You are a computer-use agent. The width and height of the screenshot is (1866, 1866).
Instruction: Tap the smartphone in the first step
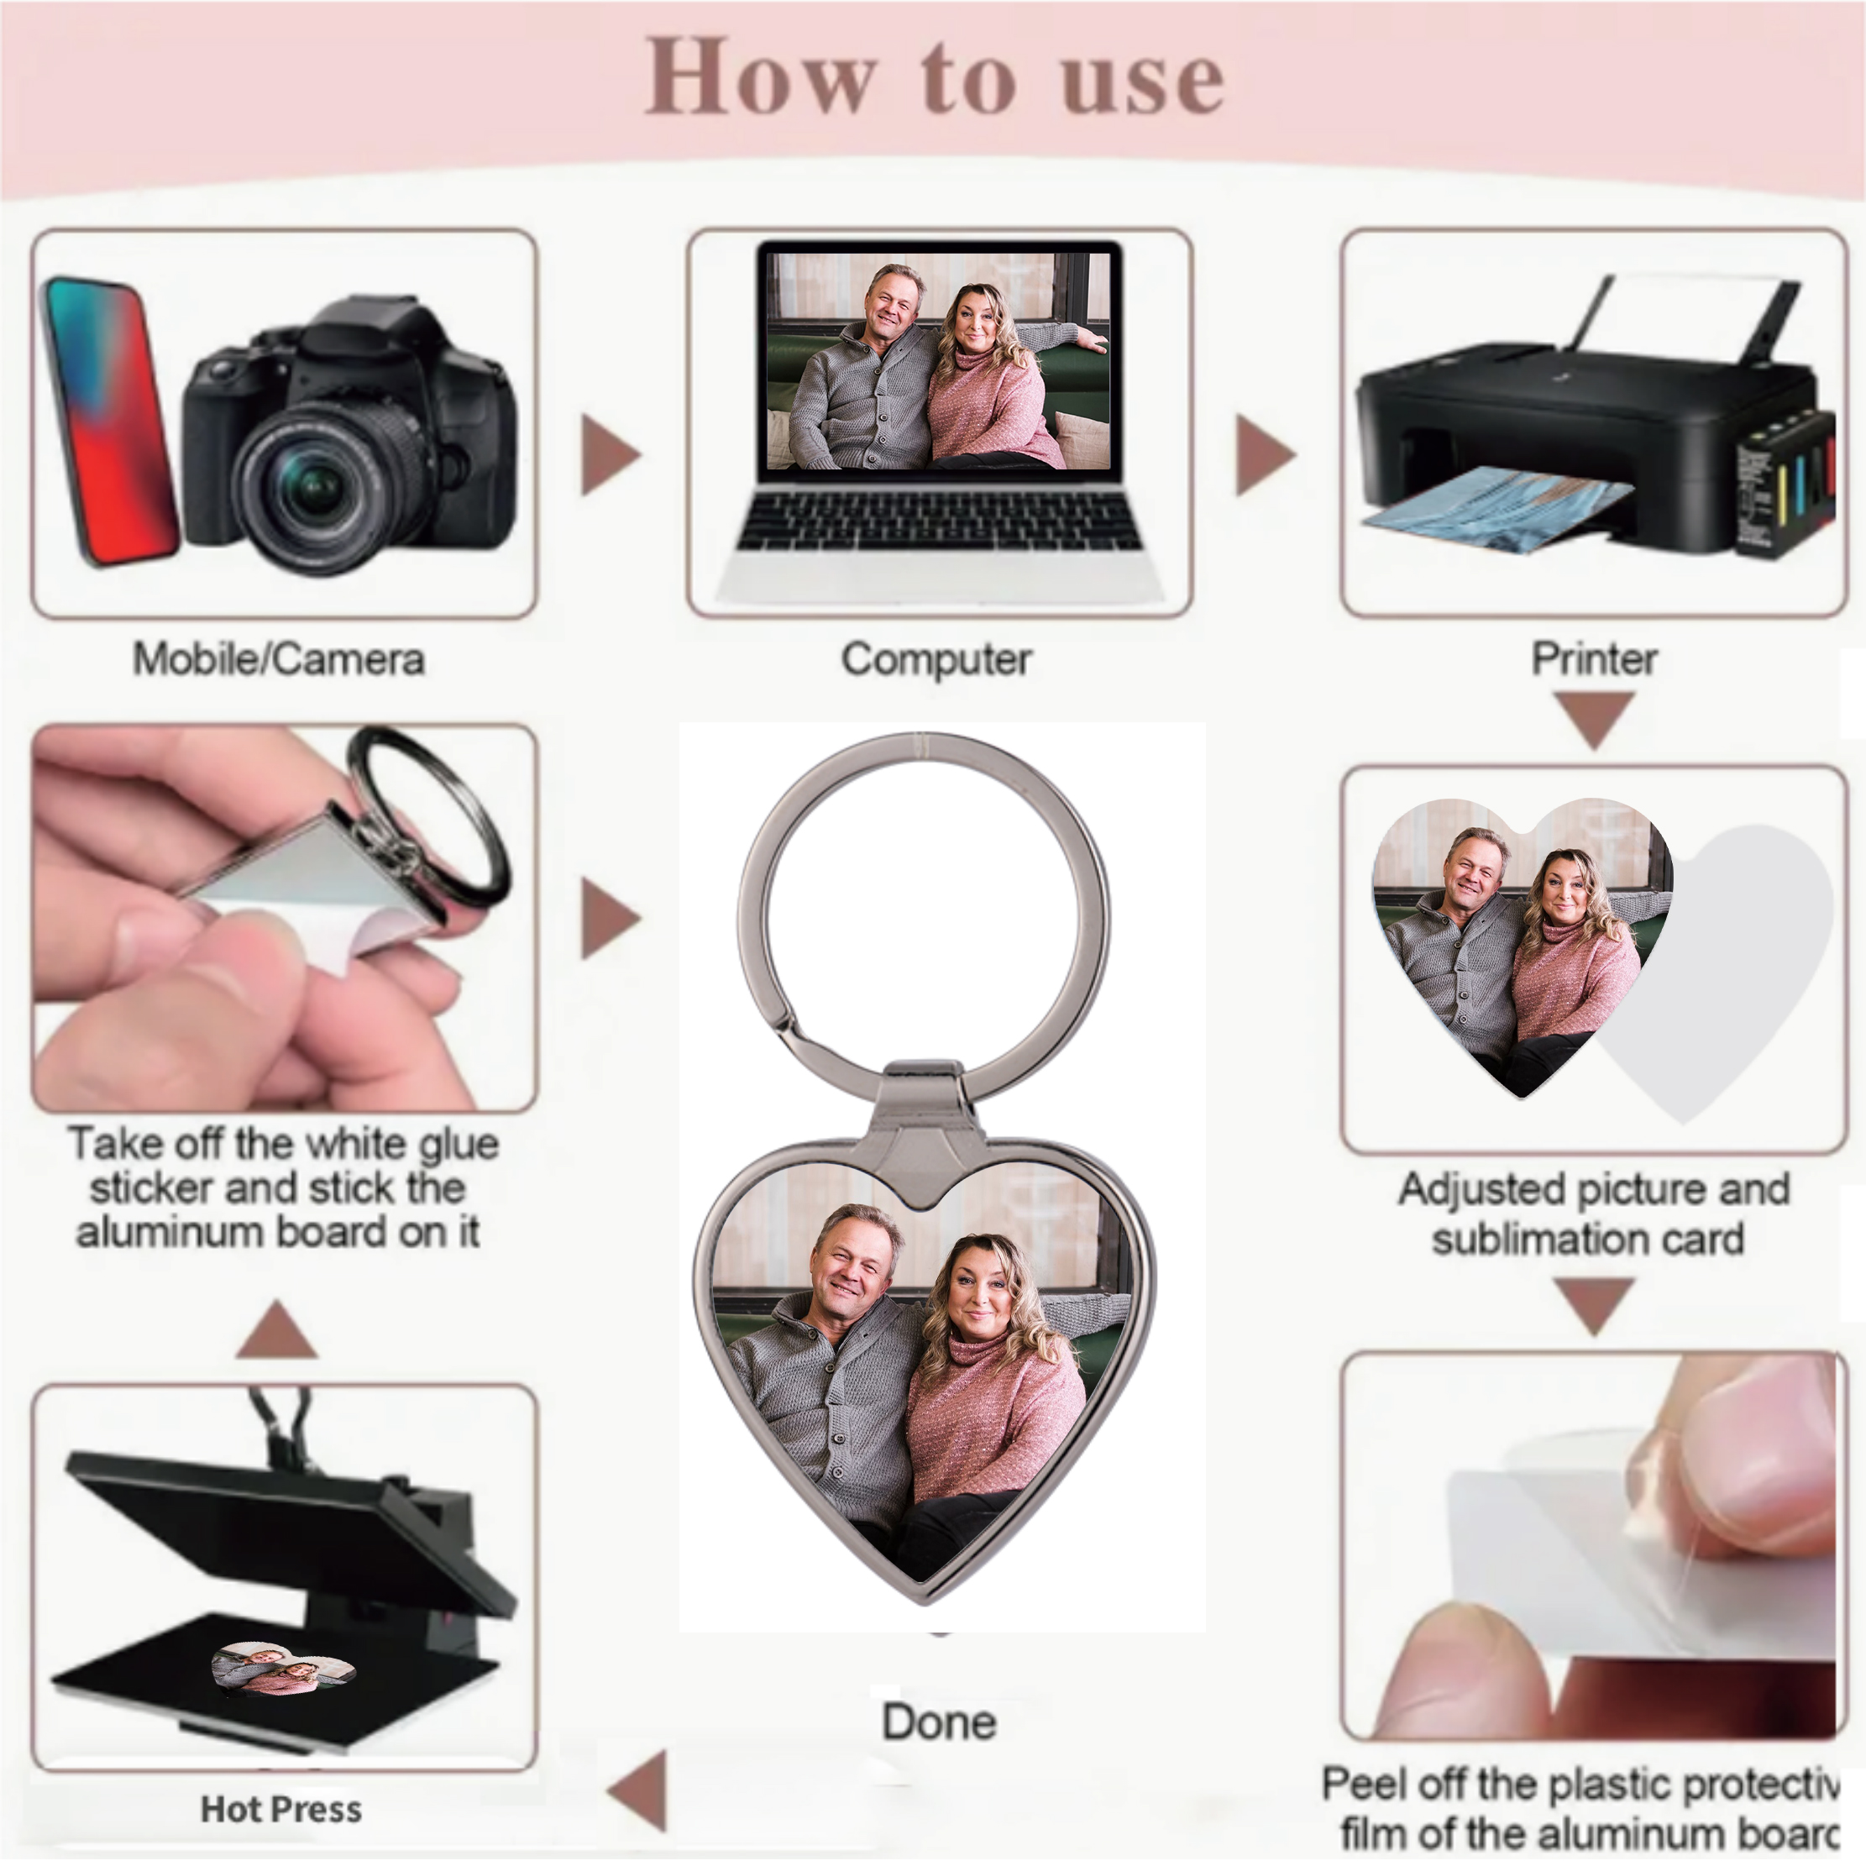click(108, 420)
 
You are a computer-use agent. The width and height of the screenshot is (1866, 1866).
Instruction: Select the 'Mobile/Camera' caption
click(278, 660)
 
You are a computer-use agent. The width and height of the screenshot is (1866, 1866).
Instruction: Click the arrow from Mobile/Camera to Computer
click(609, 455)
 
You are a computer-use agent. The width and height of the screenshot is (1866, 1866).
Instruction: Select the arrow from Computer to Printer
click(1262, 455)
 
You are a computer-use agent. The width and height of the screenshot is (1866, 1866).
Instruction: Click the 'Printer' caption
click(1594, 660)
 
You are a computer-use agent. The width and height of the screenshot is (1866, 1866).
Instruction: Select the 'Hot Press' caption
click(281, 1809)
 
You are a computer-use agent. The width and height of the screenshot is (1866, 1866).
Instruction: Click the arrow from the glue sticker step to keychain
click(609, 918)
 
